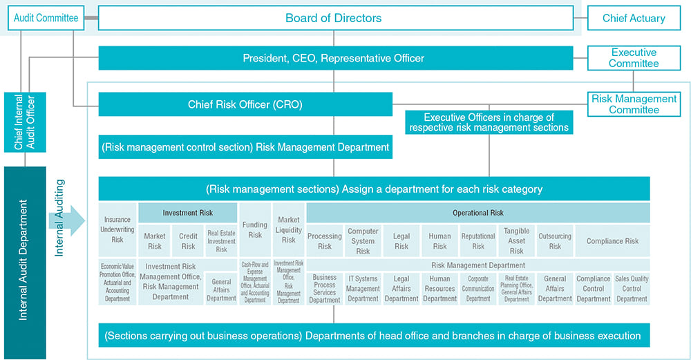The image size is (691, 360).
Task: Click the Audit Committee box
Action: (46, 18)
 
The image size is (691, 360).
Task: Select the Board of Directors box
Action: (336, 18)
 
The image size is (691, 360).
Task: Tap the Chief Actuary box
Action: (634, 18)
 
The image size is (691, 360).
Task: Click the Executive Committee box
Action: (634, 58)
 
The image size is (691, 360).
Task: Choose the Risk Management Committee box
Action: (634, 104)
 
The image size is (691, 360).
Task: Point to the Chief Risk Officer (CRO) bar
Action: (245, 104)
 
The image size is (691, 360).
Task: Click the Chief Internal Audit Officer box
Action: (25, 122)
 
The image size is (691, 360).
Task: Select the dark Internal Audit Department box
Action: (25, 263)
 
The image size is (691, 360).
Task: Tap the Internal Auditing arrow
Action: (66, 220)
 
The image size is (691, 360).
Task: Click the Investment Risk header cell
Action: (188, 213)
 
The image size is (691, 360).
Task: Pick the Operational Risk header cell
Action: (478, 213)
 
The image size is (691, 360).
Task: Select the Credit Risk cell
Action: (188, 241)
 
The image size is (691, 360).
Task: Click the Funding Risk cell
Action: (255, 229)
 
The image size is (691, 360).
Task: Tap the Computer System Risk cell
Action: (363, 241)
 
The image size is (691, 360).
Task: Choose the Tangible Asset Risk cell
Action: (516, 241)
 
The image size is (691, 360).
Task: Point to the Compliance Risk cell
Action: (612, 241)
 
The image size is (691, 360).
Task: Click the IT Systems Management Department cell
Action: (363, 289)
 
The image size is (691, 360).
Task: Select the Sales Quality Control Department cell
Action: (632, 289)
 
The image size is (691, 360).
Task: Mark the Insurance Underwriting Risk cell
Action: (117, 229)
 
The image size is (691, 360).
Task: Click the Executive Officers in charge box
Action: (489, 122)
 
